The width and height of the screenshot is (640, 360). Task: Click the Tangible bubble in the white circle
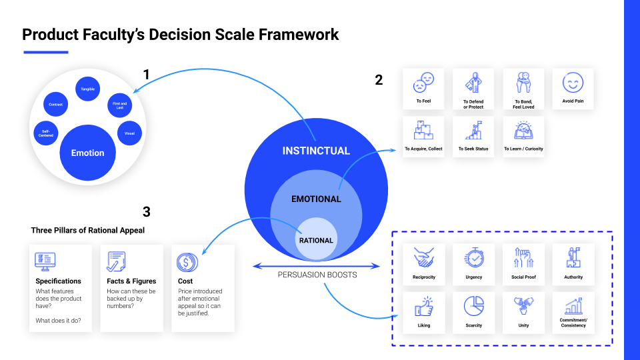point(88,89)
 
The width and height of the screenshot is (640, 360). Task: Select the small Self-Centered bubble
point(46,133)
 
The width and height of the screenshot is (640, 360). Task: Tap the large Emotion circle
point(88,153)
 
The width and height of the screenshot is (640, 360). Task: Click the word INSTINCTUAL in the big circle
point(316,151)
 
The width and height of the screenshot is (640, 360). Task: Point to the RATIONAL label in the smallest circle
point(316,241)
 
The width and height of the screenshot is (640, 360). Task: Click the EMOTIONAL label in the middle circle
point(316,199)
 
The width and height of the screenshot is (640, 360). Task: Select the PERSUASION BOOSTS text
point(317,275)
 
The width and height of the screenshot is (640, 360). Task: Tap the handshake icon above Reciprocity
point(424,258)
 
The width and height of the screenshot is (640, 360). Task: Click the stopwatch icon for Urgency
point(474,257)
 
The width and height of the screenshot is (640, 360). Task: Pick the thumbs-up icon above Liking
point(424,307)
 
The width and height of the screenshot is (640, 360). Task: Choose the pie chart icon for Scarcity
point(474,306)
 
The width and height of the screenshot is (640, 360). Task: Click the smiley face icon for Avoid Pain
point(573,83)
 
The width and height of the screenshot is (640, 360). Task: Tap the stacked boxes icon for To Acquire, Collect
point(424,131)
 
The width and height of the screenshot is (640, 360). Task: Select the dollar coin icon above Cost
point(187,262)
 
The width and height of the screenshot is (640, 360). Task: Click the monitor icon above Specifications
point(45,261)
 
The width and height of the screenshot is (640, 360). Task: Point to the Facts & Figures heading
point(131,281)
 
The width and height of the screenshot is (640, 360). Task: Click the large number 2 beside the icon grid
point(379,80)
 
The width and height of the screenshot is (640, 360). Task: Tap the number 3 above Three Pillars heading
point(147,212)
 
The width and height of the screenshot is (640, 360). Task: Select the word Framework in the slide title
point(299,35)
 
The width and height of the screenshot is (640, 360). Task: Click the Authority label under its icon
point(573,277)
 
